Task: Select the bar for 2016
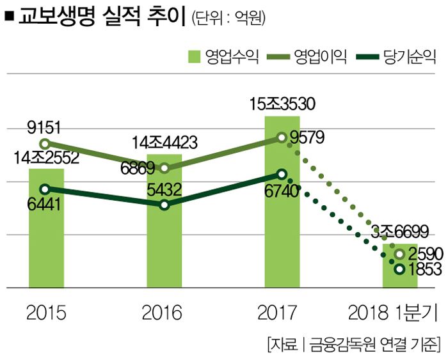164,243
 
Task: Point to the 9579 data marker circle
282,137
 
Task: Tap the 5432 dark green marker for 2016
164,205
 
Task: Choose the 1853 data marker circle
400,270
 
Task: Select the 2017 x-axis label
282,313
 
